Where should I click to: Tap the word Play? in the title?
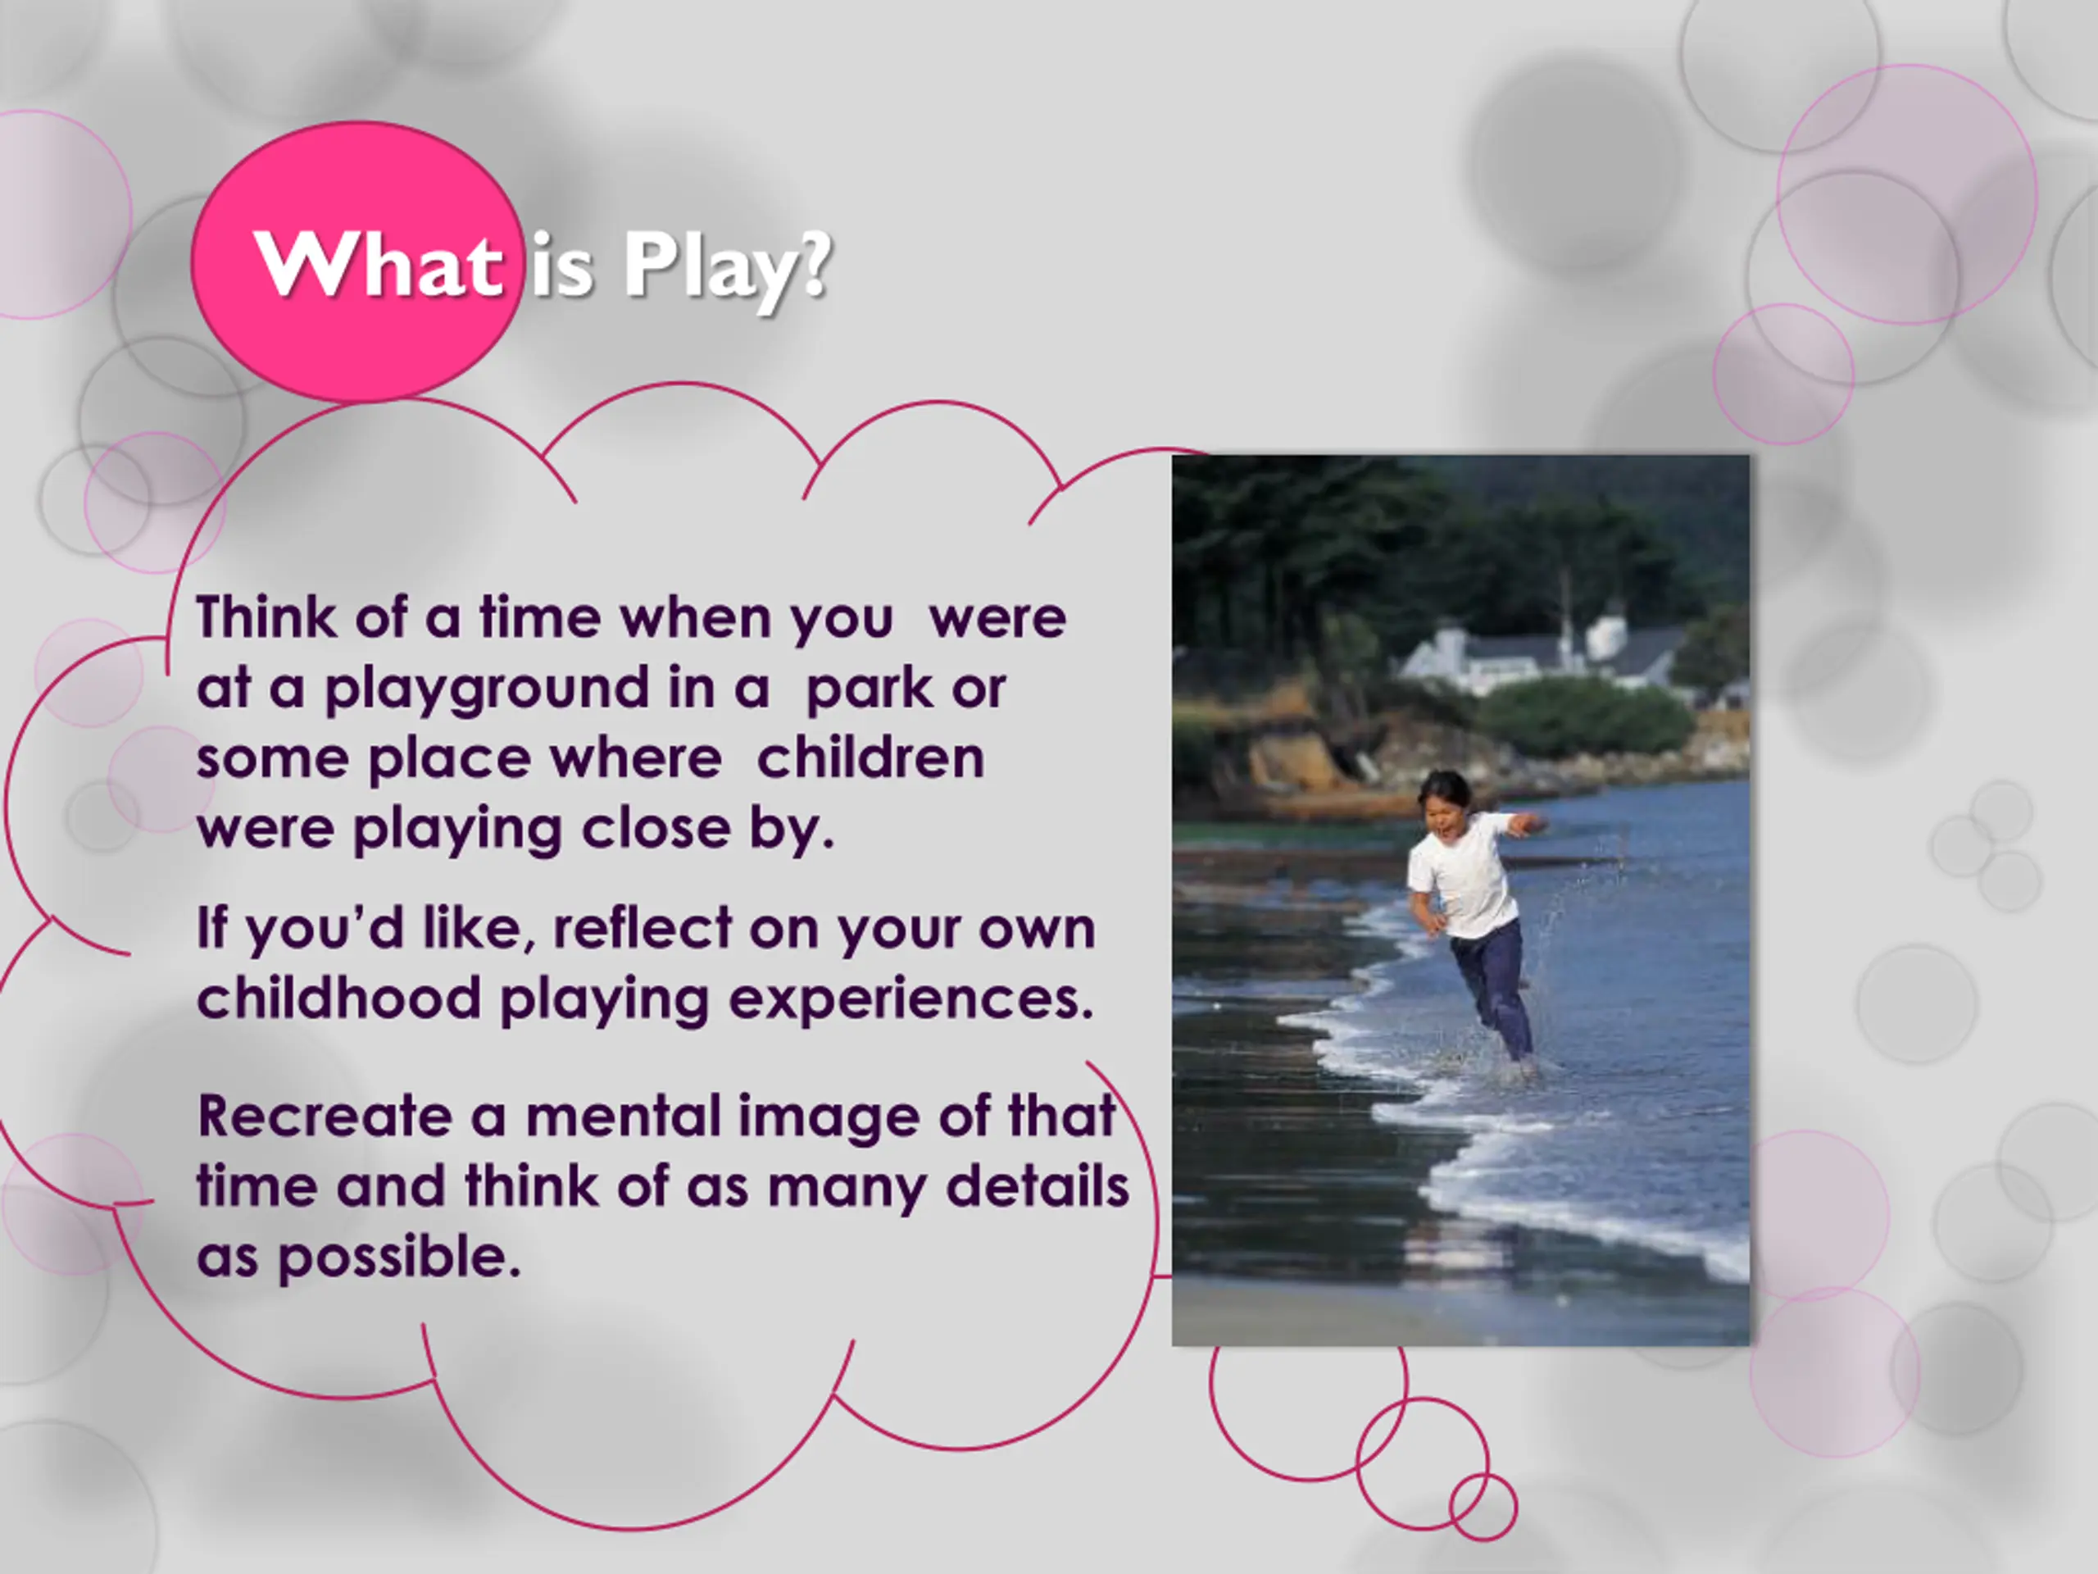point(728,269)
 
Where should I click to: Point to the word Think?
point(266,616)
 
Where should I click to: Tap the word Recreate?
point(325,1116)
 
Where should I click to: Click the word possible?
point(399,1260)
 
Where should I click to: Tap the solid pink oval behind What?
point(356,261)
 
